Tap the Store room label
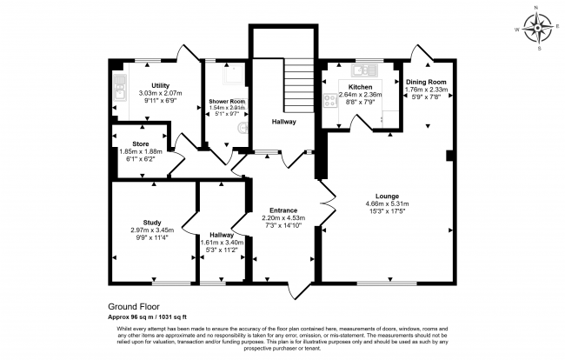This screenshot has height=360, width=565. [x=140, y=143]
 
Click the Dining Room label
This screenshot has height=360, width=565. [x=427, y=82]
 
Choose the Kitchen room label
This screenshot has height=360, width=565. [x=360, y=88]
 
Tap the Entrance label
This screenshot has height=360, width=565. [x=283, y=210]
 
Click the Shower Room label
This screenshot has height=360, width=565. [x=227, y=102]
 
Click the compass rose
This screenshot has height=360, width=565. [x=540, y=28]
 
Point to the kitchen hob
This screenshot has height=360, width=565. [x=330, y=100]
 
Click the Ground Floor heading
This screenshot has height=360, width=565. [x=136, y=307]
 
